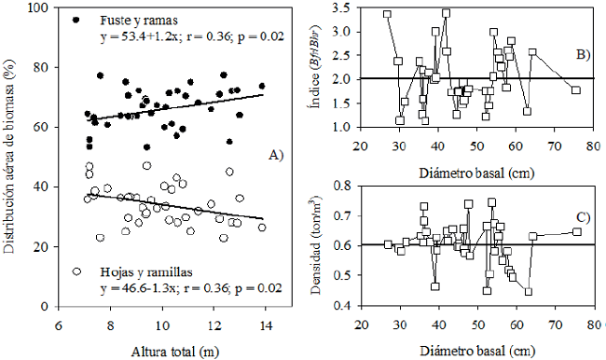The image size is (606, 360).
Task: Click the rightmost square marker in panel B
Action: click(x=576, y=90)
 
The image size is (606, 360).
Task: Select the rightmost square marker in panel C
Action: click(x=576, y=232)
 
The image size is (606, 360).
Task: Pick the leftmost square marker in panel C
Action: click(x=388, y=245)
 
